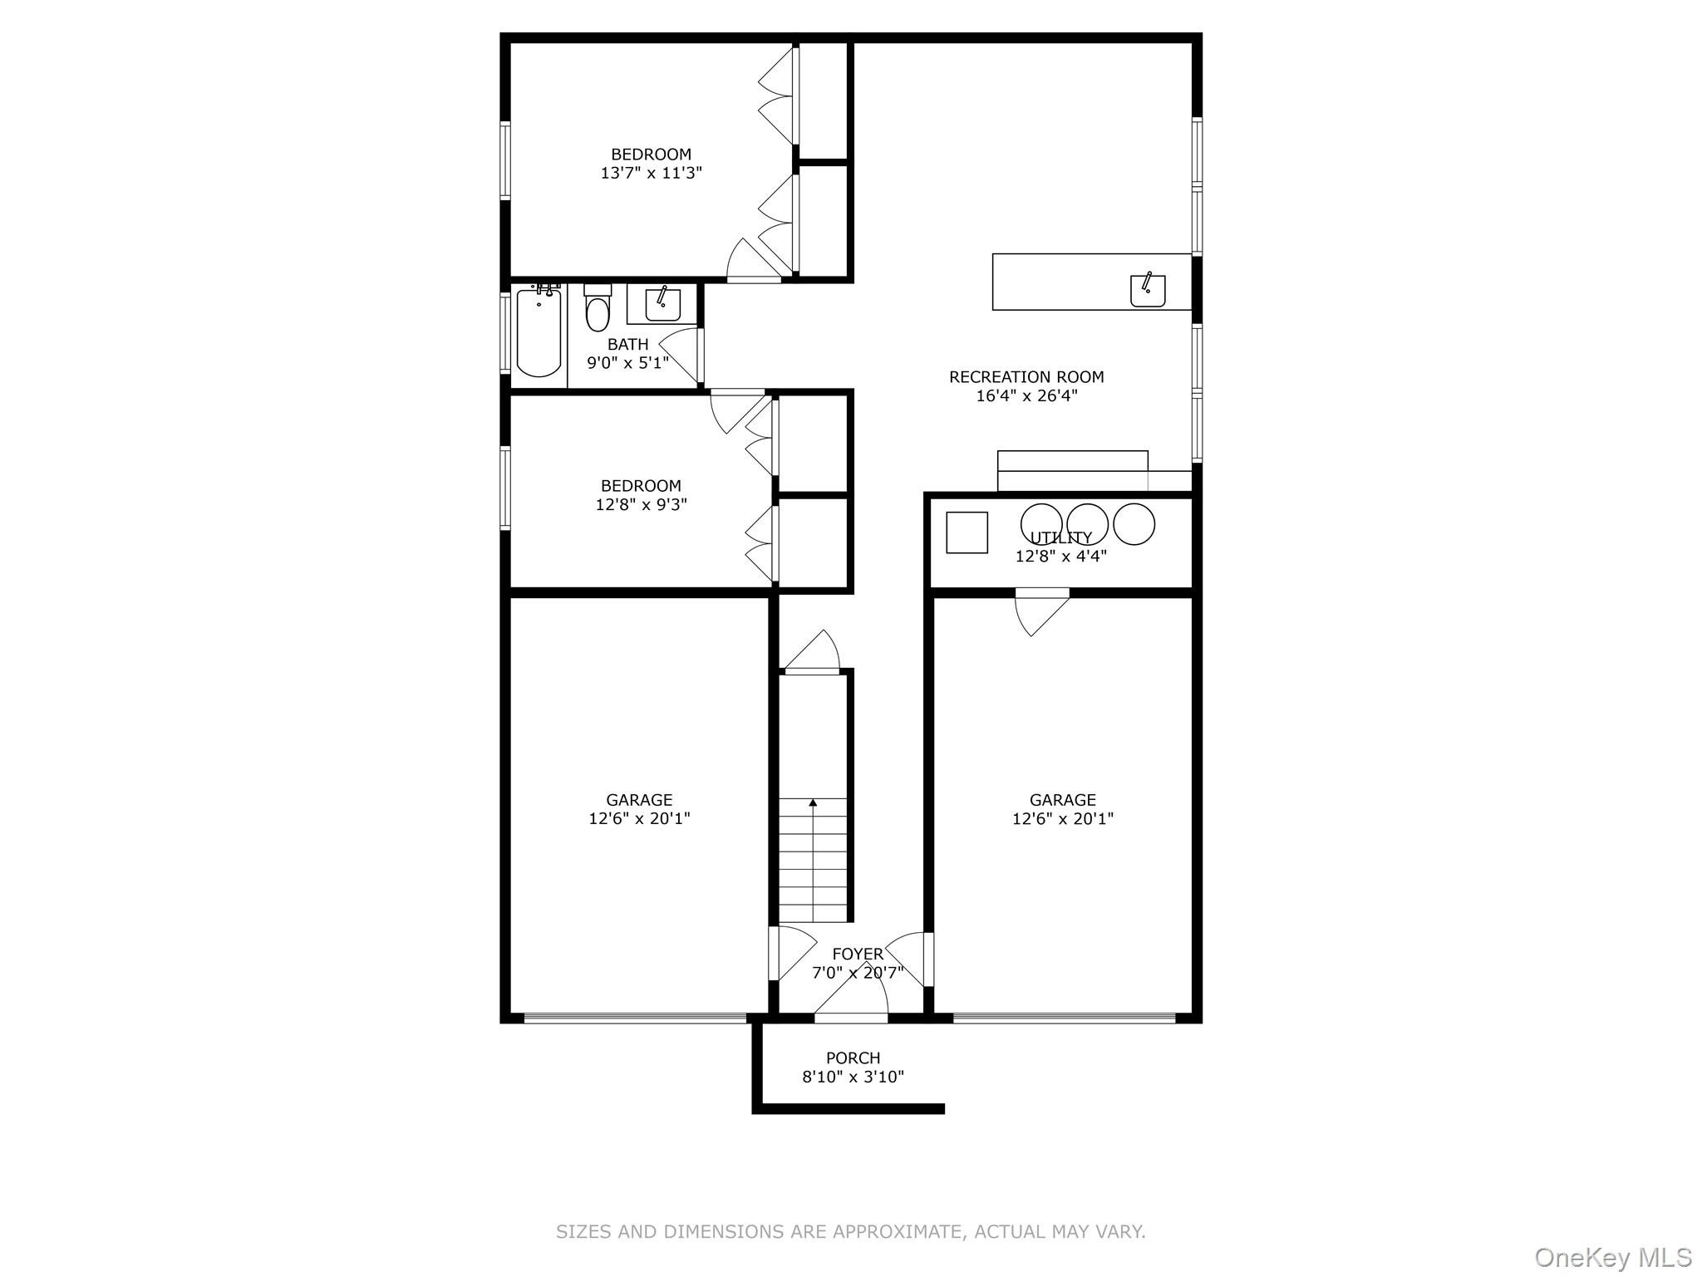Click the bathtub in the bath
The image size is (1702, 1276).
pyautogui.click(x=539, y=333)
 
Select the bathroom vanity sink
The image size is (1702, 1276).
pyautogui.click(x=662, y=305)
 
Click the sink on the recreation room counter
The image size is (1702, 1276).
pyautogui.click(x=1148, y=290)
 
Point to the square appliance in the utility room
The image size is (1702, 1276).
pyautogui.click(x=967, y=532)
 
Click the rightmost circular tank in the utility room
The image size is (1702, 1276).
pyautogui.click(x=1134, y=523)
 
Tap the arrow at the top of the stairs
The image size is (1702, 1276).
pyautogui.click(x=813, y=802)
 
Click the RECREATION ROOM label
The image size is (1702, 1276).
pyautogui.click(x=1026, y=377)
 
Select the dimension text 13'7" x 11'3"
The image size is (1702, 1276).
pyautogui.click(x=652, y=174)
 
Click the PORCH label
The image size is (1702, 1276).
pyautogui.click(x=853, y=1058)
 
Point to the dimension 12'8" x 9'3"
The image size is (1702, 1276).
pyautogui.click(x=641, y=504)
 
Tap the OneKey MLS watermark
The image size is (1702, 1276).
pyautogui.click(x=1612, y=1257)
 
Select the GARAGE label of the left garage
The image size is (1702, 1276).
pyautogui.click(x=639, y=800)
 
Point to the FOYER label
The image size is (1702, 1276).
pyautogui.click(x=858, y=955)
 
